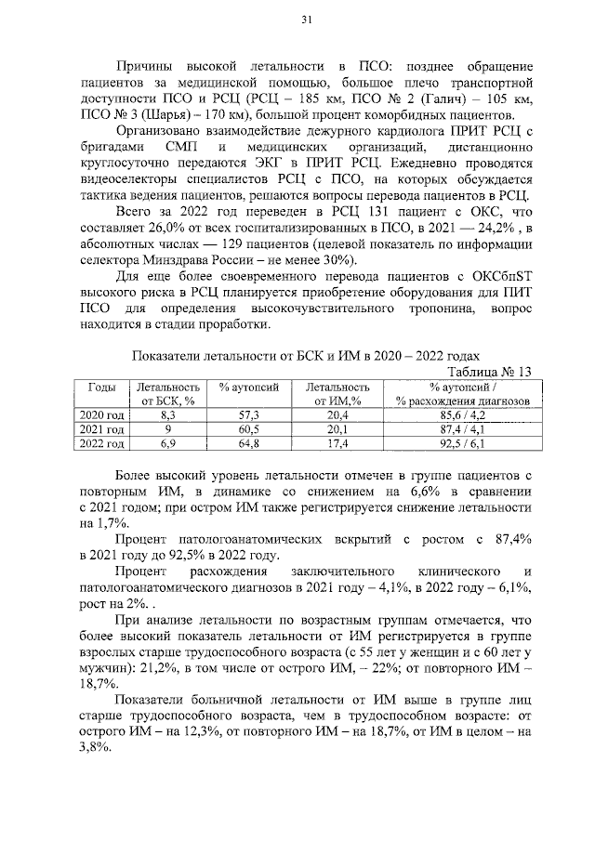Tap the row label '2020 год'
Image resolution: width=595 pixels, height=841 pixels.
(102, 415)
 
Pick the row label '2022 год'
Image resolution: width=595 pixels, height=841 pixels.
(102, 445)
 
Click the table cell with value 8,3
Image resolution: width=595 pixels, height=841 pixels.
(168, 415)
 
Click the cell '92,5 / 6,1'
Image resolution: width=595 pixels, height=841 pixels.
(462, 445)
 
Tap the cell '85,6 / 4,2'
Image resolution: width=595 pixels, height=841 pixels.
(462, 415)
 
